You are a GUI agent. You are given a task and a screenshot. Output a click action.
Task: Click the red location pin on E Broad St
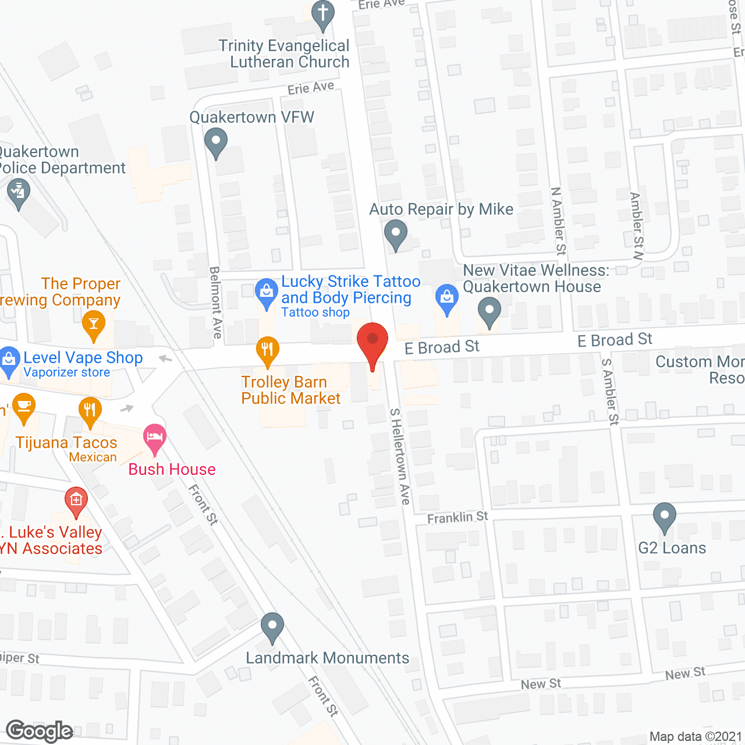pyautogui.click(x=372, y=341)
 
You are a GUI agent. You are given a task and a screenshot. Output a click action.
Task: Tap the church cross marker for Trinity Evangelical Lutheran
pyautogui.click(x=323, y=14)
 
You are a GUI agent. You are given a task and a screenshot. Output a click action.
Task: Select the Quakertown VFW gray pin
pyautogui.click(x=216, y=142)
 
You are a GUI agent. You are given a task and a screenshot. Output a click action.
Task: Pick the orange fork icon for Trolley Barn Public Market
pyautogui.click(x=267, y=350)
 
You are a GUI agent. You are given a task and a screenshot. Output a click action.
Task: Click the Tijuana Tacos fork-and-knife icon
pyautogui.click(x=90, y=410)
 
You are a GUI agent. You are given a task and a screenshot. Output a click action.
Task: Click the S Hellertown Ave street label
pyautogui.click(x=400, y=456)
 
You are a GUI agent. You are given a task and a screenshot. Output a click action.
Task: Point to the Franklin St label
pyautogui.click(x=457, y=517)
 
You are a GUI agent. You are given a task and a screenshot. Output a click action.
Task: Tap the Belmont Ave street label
pyautogui.click(x=215, y=302)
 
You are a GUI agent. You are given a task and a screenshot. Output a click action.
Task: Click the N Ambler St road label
pyautogui.click(x=558, y=221)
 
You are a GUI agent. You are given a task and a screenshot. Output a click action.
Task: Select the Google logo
pyautogui.click(x=40, y=732)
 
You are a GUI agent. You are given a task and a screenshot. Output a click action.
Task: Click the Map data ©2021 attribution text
pyautogui.click(x=696, y=736)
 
